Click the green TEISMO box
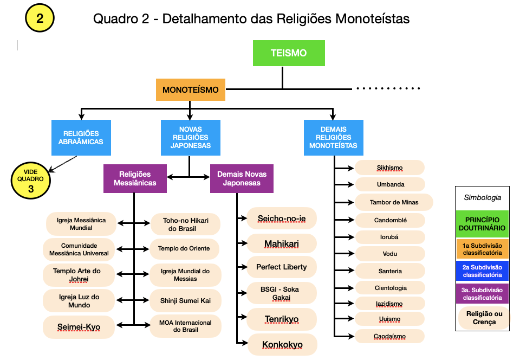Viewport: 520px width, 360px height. (289, 53)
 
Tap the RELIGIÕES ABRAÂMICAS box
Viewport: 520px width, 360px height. (80, 137)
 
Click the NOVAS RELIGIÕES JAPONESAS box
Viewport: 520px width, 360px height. (190, 137)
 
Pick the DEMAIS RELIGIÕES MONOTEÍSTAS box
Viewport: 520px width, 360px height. (334, 137)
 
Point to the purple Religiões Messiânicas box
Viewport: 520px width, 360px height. (135, 178)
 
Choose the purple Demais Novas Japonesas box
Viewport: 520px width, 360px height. (242, 178)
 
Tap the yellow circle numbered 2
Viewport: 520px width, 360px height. (40, 18)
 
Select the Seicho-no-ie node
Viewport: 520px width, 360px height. (282, 218)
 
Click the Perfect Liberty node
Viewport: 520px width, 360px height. (282, 267)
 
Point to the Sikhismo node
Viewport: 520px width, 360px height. (390, 168)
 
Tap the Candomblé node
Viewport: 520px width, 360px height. (390, 220)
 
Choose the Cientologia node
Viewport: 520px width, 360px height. (390, 288)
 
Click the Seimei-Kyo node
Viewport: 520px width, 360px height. (79, 327)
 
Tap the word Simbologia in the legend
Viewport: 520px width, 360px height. (483, 198)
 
